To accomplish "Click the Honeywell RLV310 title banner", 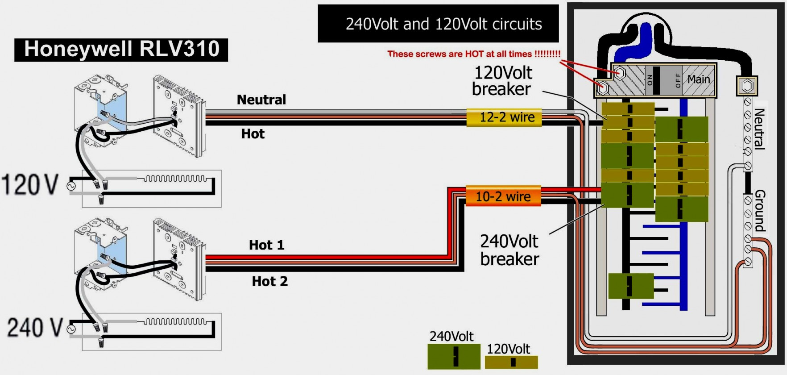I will click(121, 49).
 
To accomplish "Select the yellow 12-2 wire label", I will click(504, 117).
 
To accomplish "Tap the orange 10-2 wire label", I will click(503, 196).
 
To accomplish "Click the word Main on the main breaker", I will click(698, 79).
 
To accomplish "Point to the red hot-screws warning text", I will click(473, 54).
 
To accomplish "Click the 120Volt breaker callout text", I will click(502, 81).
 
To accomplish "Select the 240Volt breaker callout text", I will click(509, 250).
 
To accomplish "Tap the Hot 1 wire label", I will click(266, 245).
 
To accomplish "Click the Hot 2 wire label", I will click(269, 281).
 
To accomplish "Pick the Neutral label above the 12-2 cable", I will click(261, 100).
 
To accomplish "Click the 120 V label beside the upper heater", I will click(30, 184).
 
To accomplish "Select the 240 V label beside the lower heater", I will click(34, 327).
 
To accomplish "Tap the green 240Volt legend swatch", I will click(454, 356).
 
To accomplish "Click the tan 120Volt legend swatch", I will click(511, 362).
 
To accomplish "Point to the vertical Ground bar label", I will click(760, 211).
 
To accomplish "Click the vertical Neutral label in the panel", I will click(759, 129).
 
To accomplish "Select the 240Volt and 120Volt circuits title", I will click(443, 24).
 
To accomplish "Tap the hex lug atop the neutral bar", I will click(747, 85).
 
